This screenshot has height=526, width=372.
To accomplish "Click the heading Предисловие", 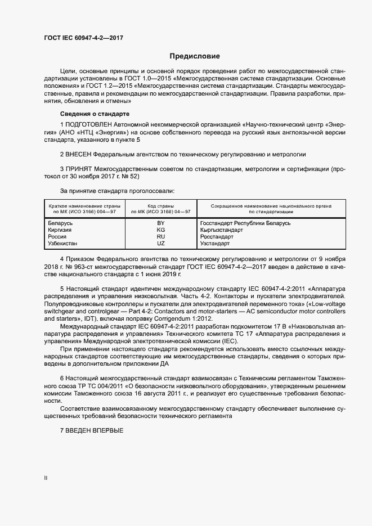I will tap(195, 56).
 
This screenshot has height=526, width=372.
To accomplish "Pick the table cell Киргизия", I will tap(61, 230).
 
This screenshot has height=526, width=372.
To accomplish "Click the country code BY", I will tap(160, 223).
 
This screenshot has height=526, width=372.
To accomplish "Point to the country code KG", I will tap(160, 230).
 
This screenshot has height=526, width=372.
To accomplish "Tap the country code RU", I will tap(160, 237).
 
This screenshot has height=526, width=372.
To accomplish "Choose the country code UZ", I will tap(160, 244).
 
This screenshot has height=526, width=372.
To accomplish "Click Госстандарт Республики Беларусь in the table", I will tap(245, 223).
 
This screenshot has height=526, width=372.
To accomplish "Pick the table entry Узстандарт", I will tap(215, 244).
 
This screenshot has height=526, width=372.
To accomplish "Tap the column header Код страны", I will tap(160, 206).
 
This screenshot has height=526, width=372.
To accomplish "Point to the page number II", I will tap(46, 478).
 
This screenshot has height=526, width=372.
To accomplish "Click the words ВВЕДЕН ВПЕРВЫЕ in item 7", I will tap(94, 430).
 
